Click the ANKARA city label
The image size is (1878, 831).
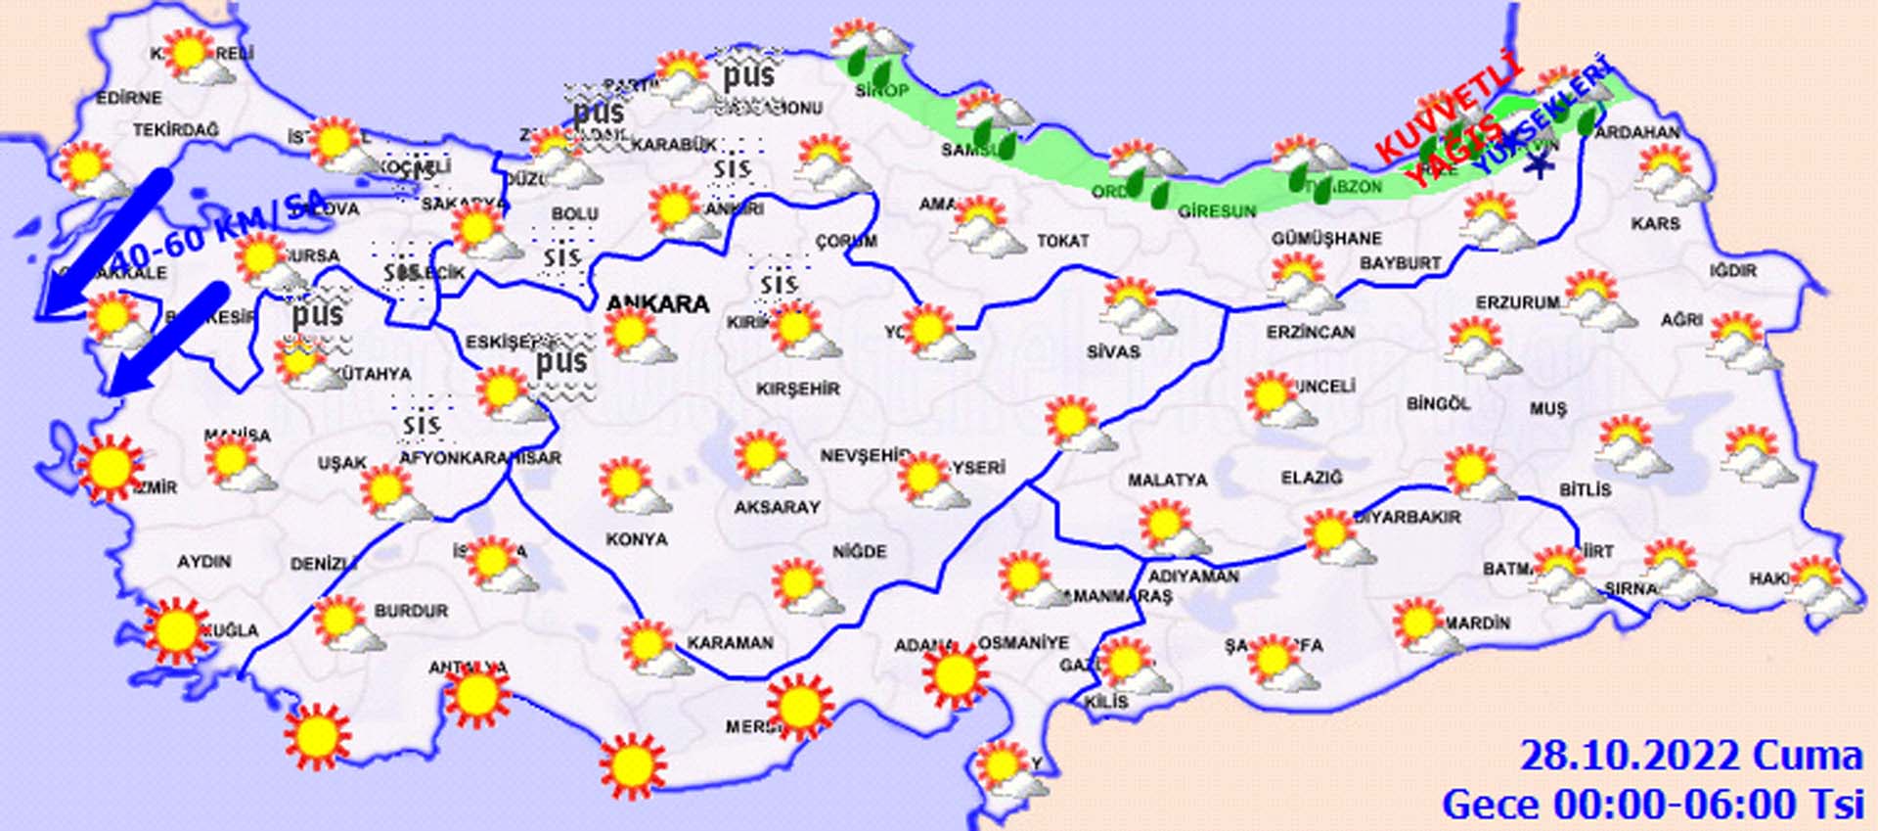tap(657, 303)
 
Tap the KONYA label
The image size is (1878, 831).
tap(636, 539)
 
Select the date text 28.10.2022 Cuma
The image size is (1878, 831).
tap(1690, 756)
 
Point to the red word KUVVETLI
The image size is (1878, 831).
tap(1449, 108)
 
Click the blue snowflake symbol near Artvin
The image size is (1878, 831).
tap(1542, 165)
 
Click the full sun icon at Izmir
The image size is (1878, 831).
tap(110, 468)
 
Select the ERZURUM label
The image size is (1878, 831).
tap(1517, 303)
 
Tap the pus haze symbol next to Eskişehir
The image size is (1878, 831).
tap(562, 363)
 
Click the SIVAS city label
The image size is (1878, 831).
tap(1113, 350)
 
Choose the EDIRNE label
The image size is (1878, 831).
tap(129, 98)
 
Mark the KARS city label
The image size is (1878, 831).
tap(1655, 223)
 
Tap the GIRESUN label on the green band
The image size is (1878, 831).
tap(1216, 211)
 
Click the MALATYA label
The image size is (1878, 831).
tap(1167, 481)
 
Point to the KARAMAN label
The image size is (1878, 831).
tap(730, 643)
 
